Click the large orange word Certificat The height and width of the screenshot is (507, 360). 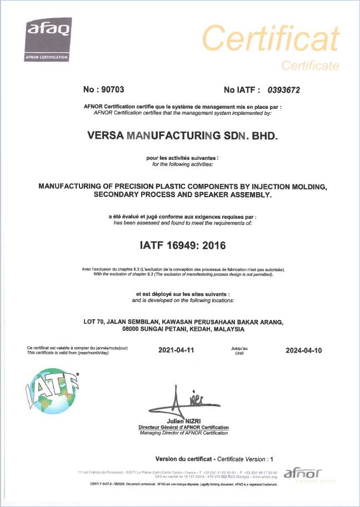[x=271, y=38]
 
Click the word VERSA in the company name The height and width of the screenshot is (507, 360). [x=106, y=135]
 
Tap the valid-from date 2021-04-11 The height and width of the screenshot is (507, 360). [x=176, y=350]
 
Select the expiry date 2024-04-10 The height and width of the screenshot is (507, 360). [x=303, y=350]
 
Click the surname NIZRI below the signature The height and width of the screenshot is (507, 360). [x=196, y=421]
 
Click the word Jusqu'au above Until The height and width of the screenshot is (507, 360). [x=239, y=347]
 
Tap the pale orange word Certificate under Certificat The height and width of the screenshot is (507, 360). [x=310, y=66]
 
